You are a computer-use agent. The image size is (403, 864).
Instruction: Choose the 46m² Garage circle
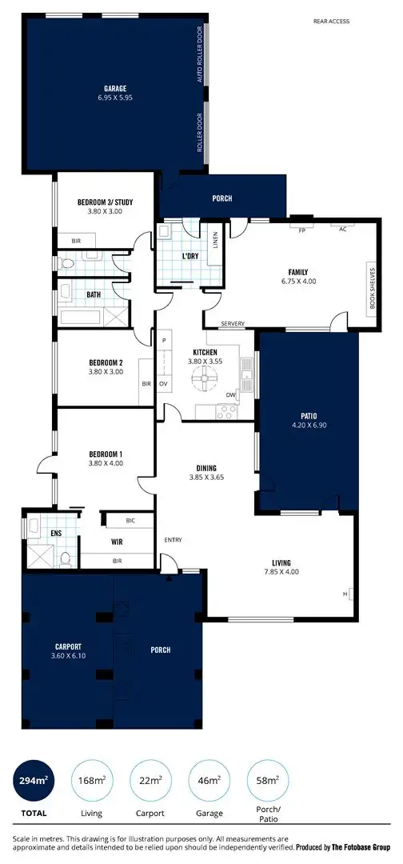(x=210, y=780)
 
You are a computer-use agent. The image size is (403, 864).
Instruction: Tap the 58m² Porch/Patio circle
(x=269, y=780)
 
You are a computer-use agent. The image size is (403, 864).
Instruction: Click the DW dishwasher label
(x=230, y=394)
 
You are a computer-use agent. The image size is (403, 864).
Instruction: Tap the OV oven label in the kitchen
(x=163, y=384)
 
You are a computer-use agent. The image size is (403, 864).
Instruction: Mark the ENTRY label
(x=174, y=539)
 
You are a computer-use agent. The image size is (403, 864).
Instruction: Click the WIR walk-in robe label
(x=117, y=542)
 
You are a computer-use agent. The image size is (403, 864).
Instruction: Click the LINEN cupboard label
(x=215, y=240)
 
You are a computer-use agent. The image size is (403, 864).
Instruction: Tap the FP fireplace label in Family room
(x=302, y=230)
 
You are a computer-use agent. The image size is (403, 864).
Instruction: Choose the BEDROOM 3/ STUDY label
(x=105, y=202)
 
